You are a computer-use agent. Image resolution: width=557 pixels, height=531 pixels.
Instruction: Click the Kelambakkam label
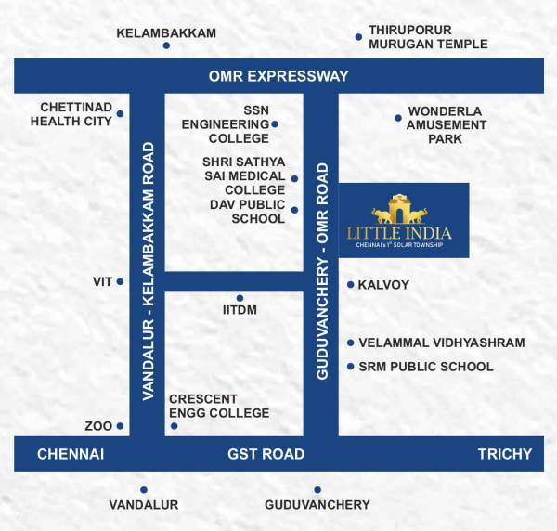tap(166, 33)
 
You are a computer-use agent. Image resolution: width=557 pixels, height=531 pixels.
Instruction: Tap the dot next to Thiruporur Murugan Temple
tap(358, 37)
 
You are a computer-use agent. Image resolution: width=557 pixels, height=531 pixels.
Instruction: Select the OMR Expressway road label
tap(279, 76)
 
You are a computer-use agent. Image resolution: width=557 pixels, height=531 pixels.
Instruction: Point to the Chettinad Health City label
tap(71, 114)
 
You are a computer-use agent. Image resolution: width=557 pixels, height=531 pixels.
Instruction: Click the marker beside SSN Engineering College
tap(275, 123)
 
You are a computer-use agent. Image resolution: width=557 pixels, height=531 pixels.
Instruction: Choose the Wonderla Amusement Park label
tap(446, 124)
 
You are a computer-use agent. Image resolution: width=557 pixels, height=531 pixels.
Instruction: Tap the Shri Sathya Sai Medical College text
tap(243, 175)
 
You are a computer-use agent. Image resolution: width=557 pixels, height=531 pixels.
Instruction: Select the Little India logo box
tap(403, 220)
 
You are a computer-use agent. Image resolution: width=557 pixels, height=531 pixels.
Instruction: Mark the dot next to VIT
tap(120, 281)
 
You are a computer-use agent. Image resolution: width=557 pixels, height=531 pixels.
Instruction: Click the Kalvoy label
tap(383, 285)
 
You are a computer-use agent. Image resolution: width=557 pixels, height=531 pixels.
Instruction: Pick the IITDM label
tap(240, 310)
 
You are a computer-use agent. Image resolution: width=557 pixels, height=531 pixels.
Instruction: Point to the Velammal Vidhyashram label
tap(441, 343)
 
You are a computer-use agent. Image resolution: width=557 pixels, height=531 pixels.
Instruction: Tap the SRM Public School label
tap(425, 367)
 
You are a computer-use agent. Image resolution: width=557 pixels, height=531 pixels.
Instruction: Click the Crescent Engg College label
tap(219, 406)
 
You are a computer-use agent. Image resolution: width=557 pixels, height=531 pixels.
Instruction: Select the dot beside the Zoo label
tap(120, 426)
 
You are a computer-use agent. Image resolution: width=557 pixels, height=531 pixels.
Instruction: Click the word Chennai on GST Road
tap(70, 454)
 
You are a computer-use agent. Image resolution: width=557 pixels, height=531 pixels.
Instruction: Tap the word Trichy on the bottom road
tap(504, 454)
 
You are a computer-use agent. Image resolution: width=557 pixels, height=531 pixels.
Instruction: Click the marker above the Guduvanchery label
tap(317, 489)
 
